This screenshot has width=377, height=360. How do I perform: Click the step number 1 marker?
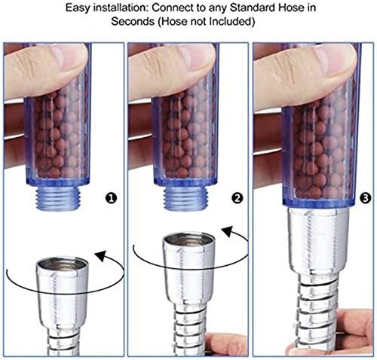pyautogui.click(x=111, y=198)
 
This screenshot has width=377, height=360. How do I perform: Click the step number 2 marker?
pyautogui.click(x=238, y=198)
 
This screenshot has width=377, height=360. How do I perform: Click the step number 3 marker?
pyautogui.click(x=366, y=198)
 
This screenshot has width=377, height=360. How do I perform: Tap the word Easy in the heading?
pyautogui.click(x=78, y=8)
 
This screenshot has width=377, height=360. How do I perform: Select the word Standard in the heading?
pyautogui.click(x=253, y=8)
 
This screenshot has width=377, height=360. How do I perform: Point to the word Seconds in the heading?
pyautogui.click(x=133, y=21)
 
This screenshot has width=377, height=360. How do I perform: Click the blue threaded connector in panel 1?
pyautogui.click(x=58, y=197)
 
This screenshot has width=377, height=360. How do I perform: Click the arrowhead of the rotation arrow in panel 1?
pyautogui.click(x=102, y=255)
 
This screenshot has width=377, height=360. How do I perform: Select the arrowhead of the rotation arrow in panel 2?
pyautogui.click(x=229, y=231)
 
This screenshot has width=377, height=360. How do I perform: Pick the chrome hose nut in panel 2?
pyautogui.click(x=188, y=269)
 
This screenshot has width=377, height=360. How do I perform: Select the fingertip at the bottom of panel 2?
pyautogui.click(x=224, y=344)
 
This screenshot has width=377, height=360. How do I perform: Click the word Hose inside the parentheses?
pyautogui.click(x=175, y=21)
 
